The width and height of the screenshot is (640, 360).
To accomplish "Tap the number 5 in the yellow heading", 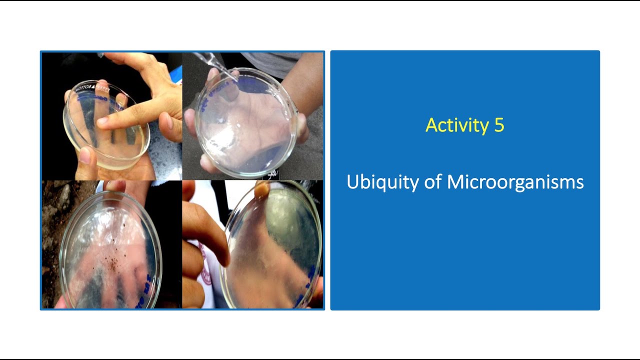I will pyautogui.click(x=499, y=125).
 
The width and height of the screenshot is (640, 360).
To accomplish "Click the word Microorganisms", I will pyautogui.click(x=515, y=182).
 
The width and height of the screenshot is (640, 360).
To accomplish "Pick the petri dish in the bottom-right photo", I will pyautogui.click(x=272, y=245).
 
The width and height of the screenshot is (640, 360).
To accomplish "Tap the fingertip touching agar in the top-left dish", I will pyautogui.click(x=103, y=121).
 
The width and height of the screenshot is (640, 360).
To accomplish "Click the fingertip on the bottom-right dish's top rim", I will pyautogui.click(x=261, y=190).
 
